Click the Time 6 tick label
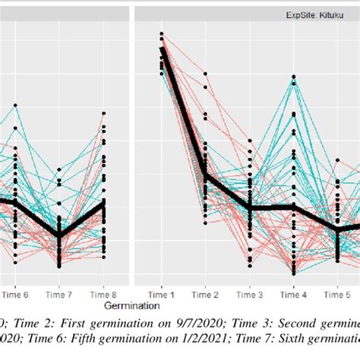[15, 293]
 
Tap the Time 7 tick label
[60, 293]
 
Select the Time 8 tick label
[104, 293]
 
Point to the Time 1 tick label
[161, 293]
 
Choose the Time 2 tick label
[205, 293]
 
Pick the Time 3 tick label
[249, 293]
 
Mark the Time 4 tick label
[293, 293]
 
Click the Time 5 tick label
[337, 293]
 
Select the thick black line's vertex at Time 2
[205, 177]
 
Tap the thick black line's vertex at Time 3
[249, 207]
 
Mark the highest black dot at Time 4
[293, 77]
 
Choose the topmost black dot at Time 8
[104, 114]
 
